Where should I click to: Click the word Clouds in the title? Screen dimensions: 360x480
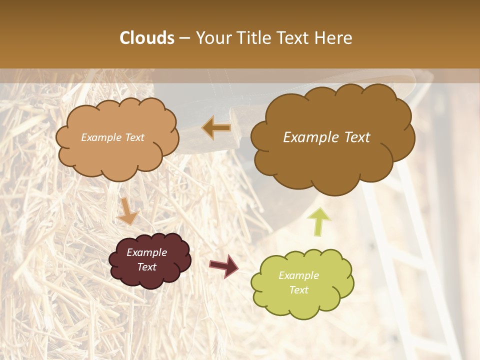pos(146,38)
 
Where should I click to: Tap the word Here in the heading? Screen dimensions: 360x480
pos(334,38)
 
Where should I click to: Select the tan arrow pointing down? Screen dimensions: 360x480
pos(127,211)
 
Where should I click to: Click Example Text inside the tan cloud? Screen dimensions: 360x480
pos(112,137)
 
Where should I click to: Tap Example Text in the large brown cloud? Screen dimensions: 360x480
pos(326,137)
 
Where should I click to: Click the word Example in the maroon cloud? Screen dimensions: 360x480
pos(146,252)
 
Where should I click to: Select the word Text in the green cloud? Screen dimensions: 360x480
pos(298,290)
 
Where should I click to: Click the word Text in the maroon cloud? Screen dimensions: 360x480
pos(146,267)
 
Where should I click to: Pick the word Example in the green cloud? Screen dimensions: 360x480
pos(298,275)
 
